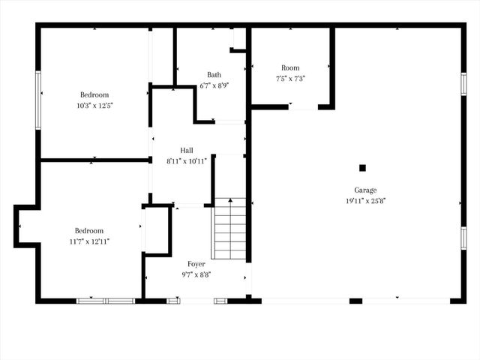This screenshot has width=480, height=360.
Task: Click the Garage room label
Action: tap(365, 190)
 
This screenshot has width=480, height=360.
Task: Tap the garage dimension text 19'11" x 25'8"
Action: tap(365, 200)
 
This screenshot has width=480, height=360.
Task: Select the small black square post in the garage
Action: tap(362, 168)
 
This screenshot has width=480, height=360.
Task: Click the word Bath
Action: tap(214, 74)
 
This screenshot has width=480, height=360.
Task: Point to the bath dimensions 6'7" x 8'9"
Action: tap(214, 85)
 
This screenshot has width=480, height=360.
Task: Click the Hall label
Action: tap(187, 150)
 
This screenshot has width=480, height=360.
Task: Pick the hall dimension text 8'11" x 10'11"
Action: tap(187, 161)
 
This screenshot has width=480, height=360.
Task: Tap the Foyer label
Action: tap(196, 264)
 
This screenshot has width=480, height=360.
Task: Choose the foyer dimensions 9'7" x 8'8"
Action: tap(196, 274)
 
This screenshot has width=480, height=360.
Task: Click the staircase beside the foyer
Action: tap(230, 229)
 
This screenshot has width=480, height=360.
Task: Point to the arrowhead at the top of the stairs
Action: tap(230, 199)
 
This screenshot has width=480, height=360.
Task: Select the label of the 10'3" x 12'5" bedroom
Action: tap(94, 94)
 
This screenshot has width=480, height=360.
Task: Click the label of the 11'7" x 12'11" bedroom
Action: tap(88, 230)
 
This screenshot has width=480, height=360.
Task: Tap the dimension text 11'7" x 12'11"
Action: tap(88, 241)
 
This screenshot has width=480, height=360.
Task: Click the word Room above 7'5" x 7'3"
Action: tap(290, 67)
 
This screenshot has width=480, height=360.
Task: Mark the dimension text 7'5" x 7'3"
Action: tap(290, 78)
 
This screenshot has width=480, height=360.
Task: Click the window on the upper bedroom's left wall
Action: tap(37, 100)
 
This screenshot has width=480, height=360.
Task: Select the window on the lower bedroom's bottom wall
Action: tap(106, 301)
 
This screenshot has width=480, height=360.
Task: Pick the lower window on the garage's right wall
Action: tap(463, 237)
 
